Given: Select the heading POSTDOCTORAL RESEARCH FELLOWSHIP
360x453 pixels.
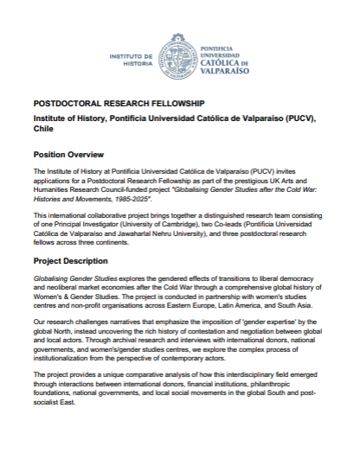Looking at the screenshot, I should [113, 101].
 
